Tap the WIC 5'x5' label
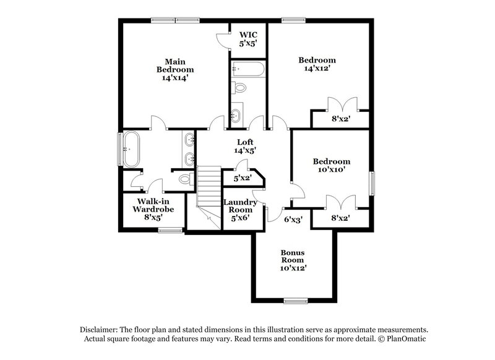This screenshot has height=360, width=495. tap(247, 38)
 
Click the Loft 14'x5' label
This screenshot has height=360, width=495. tap(245, 146)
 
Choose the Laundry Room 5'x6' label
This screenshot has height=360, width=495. tap(238, 210)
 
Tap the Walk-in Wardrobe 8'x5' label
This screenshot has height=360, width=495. tap(152, 205)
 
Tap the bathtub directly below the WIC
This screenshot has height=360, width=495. tap(247, 69)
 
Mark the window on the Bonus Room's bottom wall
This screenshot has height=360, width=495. tap(296, 301)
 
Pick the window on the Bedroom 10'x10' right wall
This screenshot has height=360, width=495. tap(372, 183)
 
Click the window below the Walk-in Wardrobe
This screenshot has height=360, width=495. tap(168, 231)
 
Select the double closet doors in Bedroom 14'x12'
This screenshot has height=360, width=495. tap(342, 103)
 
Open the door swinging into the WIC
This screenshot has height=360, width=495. tap(222, 38)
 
